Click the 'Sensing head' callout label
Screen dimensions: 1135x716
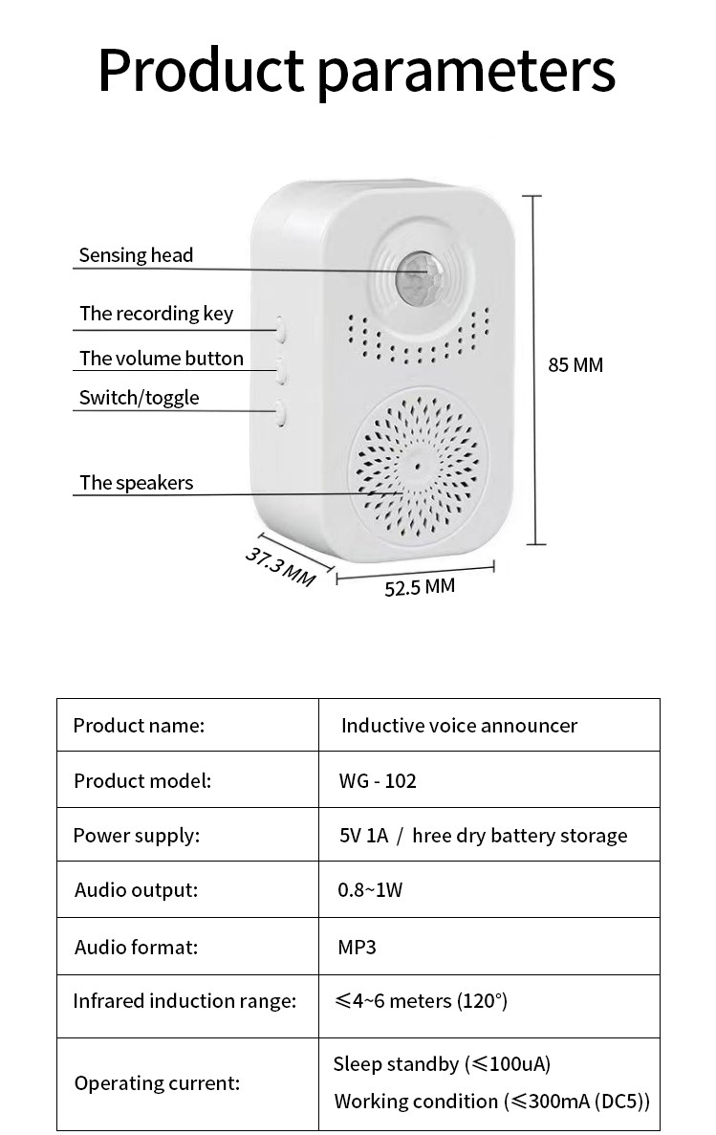[136, 255]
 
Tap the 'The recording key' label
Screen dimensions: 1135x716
[156, 314]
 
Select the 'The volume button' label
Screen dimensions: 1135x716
[161, 359]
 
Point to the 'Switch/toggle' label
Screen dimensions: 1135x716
[139, 398]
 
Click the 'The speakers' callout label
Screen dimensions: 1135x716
[136, 483]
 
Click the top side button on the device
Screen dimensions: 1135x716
[281, 330]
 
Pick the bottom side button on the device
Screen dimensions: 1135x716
[281, 412]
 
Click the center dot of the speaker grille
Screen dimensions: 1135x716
[418, 466]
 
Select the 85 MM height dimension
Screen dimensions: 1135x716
[575, 364]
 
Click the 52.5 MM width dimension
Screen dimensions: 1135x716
[420, 587]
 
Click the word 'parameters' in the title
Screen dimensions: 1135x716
[466, 69]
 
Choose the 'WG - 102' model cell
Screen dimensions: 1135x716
[378, 780]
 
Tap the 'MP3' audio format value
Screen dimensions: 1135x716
[358, 947]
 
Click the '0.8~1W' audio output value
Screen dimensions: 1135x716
[370, 890]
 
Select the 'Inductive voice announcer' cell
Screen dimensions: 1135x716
[459, 726]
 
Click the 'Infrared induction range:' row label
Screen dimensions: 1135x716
[184, 1001]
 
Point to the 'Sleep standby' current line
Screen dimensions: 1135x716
[442, 1064]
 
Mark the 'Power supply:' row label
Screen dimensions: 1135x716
[137, 835]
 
